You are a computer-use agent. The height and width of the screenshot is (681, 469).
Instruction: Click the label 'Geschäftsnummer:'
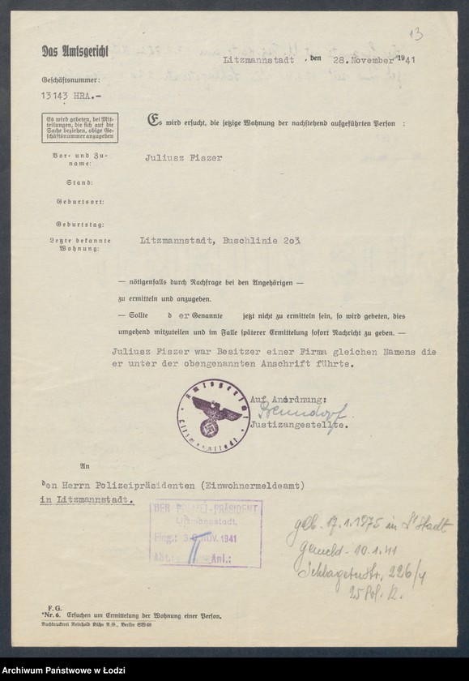[71, 80]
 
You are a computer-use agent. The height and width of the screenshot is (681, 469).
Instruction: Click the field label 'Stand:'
[79, 183]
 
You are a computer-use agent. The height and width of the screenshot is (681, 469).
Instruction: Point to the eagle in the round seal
[213, 410]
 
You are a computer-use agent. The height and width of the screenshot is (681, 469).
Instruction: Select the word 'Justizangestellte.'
[300, 425]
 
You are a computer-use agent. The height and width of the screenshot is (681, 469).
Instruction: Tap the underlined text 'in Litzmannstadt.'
[87, 500]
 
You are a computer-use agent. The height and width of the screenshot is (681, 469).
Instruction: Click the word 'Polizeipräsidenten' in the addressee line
[159, 485]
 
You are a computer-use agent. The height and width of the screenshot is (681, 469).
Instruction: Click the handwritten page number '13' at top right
[415, 34]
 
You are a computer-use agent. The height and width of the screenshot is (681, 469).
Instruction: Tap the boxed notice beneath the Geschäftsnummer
[80, 127]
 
